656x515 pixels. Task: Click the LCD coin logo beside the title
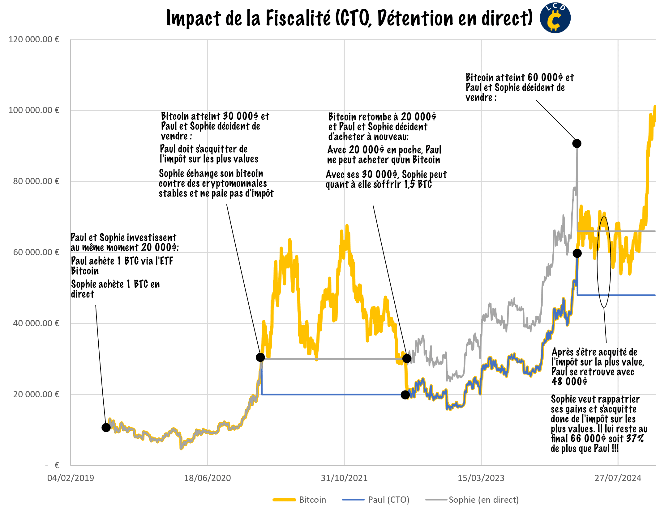point(555,18)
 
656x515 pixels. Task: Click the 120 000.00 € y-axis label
point(34,40)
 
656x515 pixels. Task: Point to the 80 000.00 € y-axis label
point(36,181)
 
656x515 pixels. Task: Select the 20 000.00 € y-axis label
point(36,395)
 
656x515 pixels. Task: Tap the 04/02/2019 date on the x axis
point(71,478)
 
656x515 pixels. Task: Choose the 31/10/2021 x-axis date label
point(344,478)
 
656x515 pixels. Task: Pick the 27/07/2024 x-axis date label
point(618,478)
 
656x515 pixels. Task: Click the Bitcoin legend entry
point(312,500)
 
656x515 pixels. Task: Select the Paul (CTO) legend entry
point(388,500)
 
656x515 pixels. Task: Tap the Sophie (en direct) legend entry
point(483,500)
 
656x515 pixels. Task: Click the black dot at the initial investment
point(106,428)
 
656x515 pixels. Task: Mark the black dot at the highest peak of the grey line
point(577,143)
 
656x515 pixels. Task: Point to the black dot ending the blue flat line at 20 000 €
point(405,395)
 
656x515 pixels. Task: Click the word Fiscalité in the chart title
point(298,18)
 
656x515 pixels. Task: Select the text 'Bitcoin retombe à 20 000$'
point(382,117)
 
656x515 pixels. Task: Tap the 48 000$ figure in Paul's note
point(569,382)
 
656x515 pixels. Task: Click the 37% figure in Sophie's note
point(635,439)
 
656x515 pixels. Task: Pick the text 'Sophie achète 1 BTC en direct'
point(115,289)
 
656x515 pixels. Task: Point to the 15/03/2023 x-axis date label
point(481,478)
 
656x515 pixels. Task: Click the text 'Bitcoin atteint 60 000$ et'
point(520,78)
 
